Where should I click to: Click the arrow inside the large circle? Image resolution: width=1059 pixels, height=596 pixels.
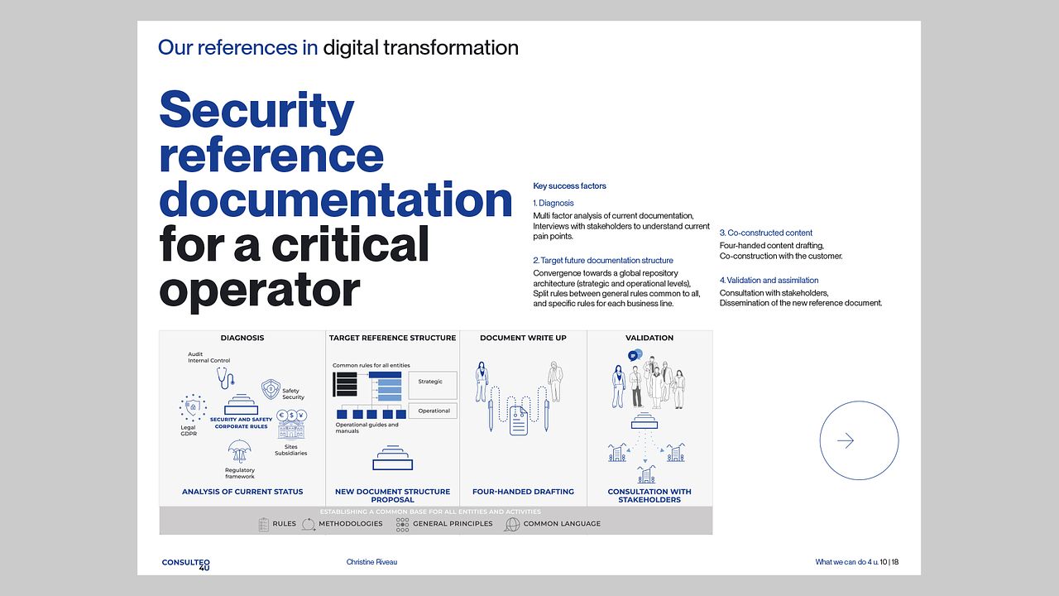[x=846, y=440]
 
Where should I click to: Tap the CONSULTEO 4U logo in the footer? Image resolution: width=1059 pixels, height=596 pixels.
[x=186, y=565]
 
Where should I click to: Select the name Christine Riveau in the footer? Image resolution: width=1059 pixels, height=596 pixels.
[x=371, y=562]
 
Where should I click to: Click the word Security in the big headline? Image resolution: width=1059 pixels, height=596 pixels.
[x=256, y=111]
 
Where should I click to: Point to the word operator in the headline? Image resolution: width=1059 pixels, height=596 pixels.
[x=260, y=290]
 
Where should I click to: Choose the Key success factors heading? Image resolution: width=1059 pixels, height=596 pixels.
[x=569, y=186]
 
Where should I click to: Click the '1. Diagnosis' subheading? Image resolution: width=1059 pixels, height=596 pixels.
[x=553, y=203]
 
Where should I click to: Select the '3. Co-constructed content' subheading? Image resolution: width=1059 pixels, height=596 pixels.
[x=766, y=233]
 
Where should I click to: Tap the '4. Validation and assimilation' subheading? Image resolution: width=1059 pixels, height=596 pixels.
[x=769, y=280]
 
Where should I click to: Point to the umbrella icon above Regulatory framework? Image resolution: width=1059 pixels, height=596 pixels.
[x=239, y=451]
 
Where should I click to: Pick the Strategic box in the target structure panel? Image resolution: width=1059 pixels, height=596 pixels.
[x=432, y=385]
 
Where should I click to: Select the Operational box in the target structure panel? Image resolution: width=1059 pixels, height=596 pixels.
[x=432, y=411]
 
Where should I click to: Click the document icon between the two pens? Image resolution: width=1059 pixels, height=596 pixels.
[x=518, y=421]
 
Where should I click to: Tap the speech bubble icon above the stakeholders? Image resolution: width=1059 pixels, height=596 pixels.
[x=635, y=355]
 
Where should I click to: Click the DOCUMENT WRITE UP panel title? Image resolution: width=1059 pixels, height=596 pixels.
[x=523, y=338]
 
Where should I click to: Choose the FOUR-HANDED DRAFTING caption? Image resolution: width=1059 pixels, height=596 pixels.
[x=523, y=492]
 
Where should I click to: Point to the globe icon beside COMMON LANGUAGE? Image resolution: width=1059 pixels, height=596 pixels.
[x=512, y=524]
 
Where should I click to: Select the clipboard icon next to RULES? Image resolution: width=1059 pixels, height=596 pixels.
[x=264, y=525]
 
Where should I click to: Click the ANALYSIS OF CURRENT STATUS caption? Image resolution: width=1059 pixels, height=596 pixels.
[x=242, y=492]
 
